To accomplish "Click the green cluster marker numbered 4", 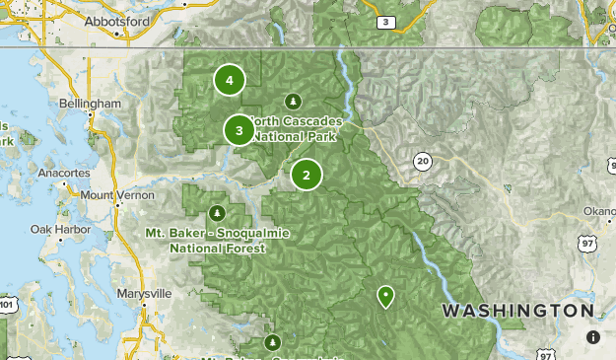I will pos(229,80).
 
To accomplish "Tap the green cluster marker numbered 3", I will pos(239,129).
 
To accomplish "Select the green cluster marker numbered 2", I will pos(307,176).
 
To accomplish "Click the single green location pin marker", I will pos(385,295).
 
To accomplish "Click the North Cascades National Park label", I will pos(294,128).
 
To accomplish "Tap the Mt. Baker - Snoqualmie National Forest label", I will pos(204,241).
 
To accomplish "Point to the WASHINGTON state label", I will pos(517,311).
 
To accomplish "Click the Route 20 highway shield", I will pos(423,160).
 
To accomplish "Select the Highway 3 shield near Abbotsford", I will pos(387,21).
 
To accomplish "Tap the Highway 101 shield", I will pos(6,306).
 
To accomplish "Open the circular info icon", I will pos(593,336).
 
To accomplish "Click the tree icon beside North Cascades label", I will pos(292,101).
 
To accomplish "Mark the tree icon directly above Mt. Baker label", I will pos(218,213).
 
